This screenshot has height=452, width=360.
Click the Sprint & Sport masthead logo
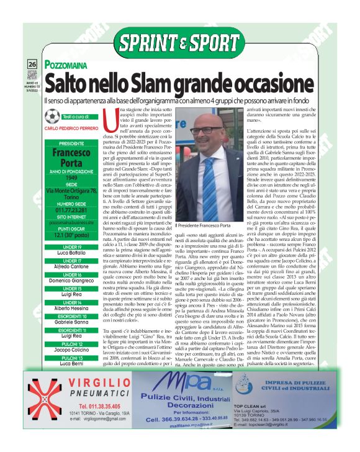(181, 43)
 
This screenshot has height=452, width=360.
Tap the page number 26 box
(32, 65)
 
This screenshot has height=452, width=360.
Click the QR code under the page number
(32, 76)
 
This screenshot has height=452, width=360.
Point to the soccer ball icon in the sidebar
(53, 116)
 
